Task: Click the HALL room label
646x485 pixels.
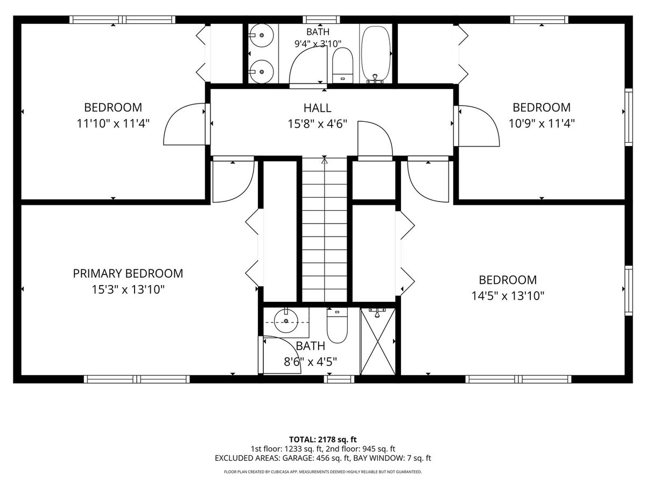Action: (317, 108)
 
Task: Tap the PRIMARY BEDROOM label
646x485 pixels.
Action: (128, 274)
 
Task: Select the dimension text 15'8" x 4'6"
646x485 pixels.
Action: (317, 124)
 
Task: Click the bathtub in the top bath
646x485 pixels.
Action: (376, 53)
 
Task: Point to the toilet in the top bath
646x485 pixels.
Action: (342, 65)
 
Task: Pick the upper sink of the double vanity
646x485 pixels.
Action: (261, 36)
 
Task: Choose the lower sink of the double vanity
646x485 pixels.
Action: (261, 72)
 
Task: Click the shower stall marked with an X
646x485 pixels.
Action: (378, 341)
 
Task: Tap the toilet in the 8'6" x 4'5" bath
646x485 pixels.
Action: (338, 325)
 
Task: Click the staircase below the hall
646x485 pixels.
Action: (325, 230)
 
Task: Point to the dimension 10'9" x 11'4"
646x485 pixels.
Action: (542, 124)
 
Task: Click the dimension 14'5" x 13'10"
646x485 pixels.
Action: (508, 296)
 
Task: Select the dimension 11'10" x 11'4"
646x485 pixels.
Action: (113, 124)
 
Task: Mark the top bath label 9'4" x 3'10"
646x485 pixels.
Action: (318, 44)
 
